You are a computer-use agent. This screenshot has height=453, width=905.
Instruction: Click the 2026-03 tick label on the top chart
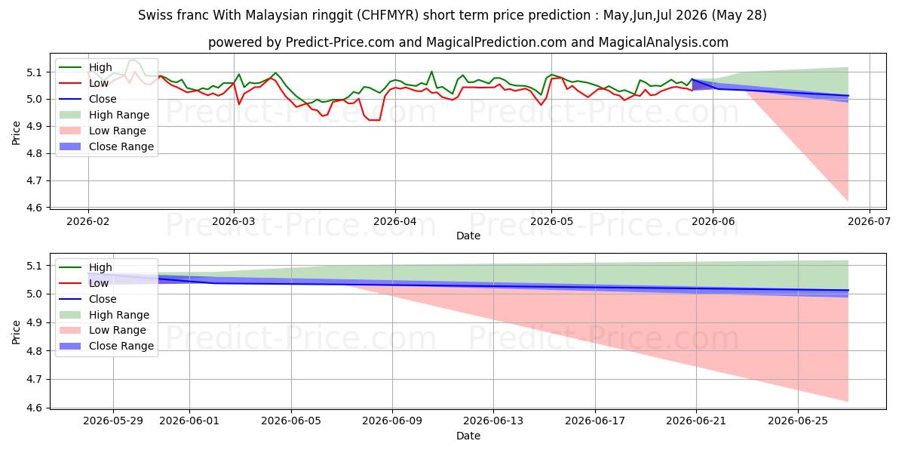[x=234, y=222]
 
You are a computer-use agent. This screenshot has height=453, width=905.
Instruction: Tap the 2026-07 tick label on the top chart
[x=869, y=222]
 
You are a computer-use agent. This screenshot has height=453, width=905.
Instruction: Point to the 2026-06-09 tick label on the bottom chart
[x=392, y=421]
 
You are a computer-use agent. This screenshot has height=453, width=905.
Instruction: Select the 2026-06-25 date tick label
[x=798, y=421]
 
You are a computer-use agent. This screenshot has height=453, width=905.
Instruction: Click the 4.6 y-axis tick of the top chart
[x=35, y=208]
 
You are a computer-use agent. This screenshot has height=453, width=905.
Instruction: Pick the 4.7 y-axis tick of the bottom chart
[x=35, y=379]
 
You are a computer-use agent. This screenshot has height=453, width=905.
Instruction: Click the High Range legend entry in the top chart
[x=104, y=115]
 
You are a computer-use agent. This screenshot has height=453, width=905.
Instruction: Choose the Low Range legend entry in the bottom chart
[x=103, y=330]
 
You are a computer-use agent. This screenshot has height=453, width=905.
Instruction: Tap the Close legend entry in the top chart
[x=87, y=99]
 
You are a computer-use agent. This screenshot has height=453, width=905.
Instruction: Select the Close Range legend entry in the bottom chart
[x=106, y=346]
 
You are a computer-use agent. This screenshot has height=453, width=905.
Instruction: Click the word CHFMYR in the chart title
[x=388, y=15]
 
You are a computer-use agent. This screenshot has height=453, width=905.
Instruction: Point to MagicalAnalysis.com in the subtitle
[x=664, y=42]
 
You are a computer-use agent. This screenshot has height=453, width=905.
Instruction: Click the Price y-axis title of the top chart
[x=16, y=133]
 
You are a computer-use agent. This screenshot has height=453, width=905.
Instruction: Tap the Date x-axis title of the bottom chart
[x=468, y=436]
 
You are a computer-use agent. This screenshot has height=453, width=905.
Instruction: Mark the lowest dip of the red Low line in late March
[x=375, y=120]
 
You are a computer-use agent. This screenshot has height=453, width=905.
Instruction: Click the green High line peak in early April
[x=431, y=72]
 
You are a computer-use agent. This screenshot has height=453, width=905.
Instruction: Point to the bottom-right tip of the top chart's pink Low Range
[x=848, y=201]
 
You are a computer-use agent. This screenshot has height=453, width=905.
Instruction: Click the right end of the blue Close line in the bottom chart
[x=848, y=291]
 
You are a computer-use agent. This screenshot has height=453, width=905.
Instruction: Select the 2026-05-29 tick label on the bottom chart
[x=113, y=421]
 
